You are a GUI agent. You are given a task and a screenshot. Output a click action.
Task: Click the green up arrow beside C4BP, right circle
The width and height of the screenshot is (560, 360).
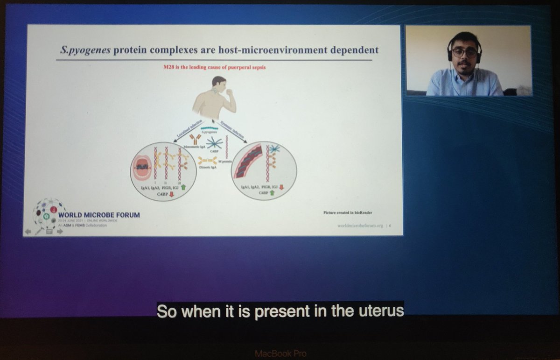(272, 192)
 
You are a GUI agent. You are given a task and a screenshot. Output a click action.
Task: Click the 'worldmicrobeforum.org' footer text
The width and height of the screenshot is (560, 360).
(361, 226)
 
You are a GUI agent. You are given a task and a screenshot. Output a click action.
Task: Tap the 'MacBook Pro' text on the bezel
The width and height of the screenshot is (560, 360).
(280, 353)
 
